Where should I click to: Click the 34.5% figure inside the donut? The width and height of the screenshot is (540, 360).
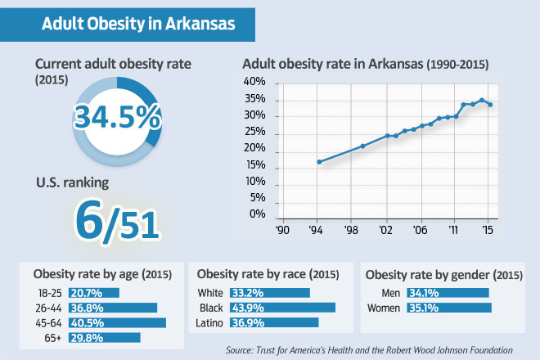coord(117,117)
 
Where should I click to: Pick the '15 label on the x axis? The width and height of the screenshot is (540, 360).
coord(488,232)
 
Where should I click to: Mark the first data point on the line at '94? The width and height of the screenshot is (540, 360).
coord(319,162)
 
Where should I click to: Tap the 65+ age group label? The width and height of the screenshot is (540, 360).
coord(54,337)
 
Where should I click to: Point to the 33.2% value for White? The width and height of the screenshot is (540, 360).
coord(249,293)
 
